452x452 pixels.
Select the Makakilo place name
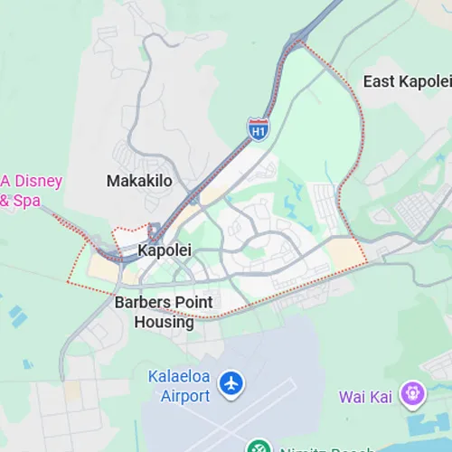tap(139, 181)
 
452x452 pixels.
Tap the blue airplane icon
tap(232, 382)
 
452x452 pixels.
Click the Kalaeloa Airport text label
tap(180, 385)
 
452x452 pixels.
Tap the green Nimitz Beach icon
tap(259, 447)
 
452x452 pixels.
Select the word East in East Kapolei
tap(379, 82)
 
